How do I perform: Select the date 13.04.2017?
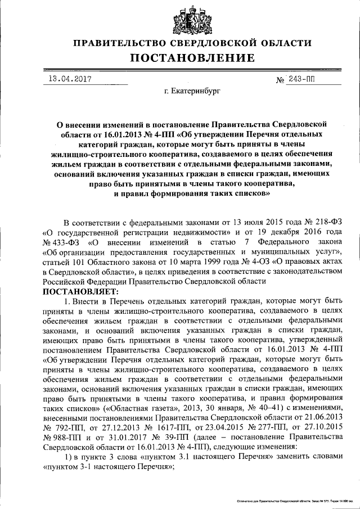(67, 79)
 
